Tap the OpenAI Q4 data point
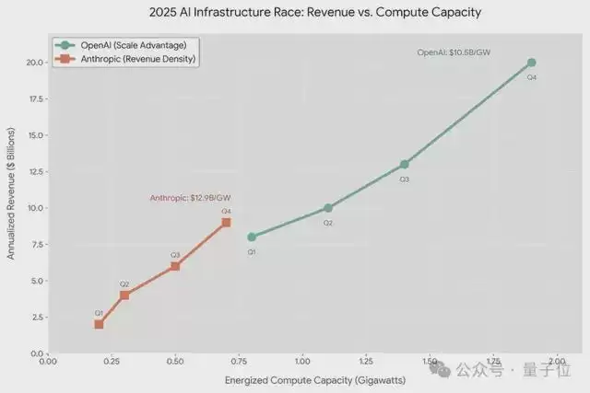point(531,63)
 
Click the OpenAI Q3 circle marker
point(404,164)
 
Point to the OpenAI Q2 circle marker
point(328,208)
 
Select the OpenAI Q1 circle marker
point(252,237)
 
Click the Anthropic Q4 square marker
point(226,223)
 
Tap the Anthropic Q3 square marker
point(175,266)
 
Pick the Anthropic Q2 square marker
point(124,295)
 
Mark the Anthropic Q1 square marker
point(99,324)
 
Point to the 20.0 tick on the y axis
point(32,63)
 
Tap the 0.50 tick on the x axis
point(175,363)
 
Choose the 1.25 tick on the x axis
point(365,363)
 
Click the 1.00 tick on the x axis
point(301,363)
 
